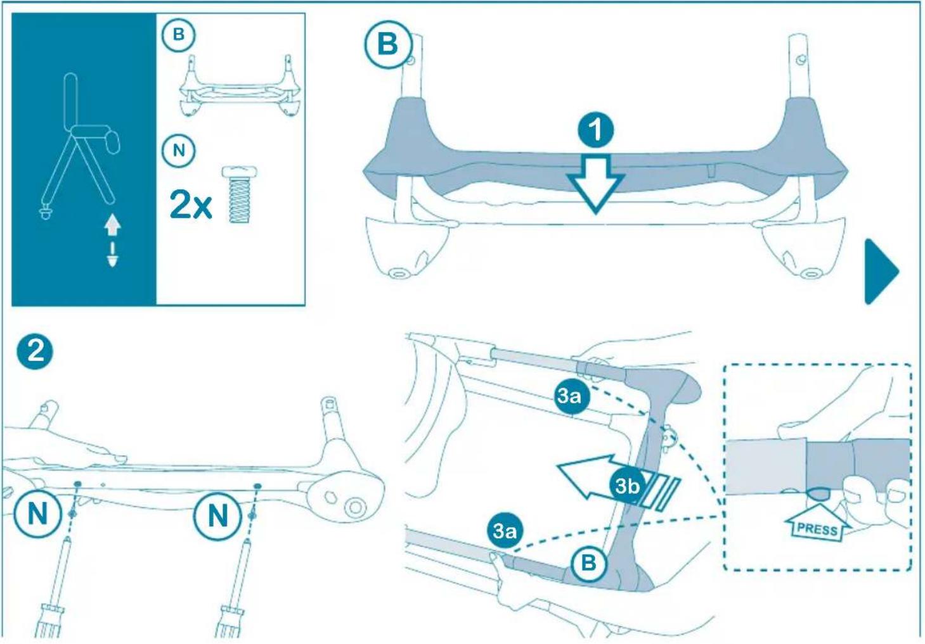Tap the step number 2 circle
36,350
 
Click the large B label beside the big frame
387,45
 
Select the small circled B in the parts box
179,34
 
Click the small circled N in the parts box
179,151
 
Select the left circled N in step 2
37,513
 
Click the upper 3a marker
569,396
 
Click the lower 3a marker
505,531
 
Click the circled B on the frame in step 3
588,562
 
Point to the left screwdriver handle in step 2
49,621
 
